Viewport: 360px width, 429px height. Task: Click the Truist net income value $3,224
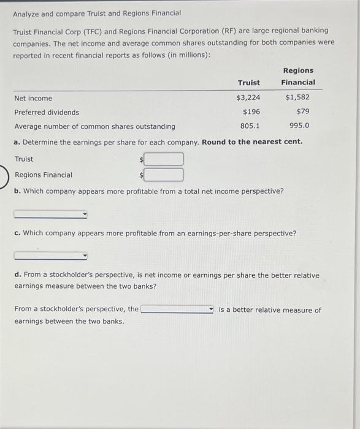coord(248,98)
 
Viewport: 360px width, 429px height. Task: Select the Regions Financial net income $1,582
coord(297,98)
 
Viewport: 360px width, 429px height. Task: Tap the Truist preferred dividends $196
coord(251,112)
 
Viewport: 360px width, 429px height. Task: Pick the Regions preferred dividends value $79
coord(302,112)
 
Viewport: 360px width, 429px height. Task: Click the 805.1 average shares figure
coord(250,126)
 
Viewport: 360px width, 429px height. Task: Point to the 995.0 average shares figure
coord(299,126)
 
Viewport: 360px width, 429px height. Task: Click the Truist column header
coord(249,83)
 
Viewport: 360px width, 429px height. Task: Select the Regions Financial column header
coord(298,77)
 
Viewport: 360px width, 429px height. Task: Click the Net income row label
coord(33,98)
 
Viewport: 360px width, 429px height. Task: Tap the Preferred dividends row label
coord(47,112)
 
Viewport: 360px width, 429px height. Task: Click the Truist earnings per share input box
coord(164,159)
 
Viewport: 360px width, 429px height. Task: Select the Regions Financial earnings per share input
coord(164,175)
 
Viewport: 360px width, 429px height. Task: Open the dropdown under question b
coord(51,214)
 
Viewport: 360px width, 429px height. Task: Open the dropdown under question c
coord(51,256)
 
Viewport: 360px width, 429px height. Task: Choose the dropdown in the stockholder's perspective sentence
coord(177,310)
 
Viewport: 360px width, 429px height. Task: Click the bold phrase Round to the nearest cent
coord(252,142)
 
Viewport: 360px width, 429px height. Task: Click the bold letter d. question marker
coord(17,275)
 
